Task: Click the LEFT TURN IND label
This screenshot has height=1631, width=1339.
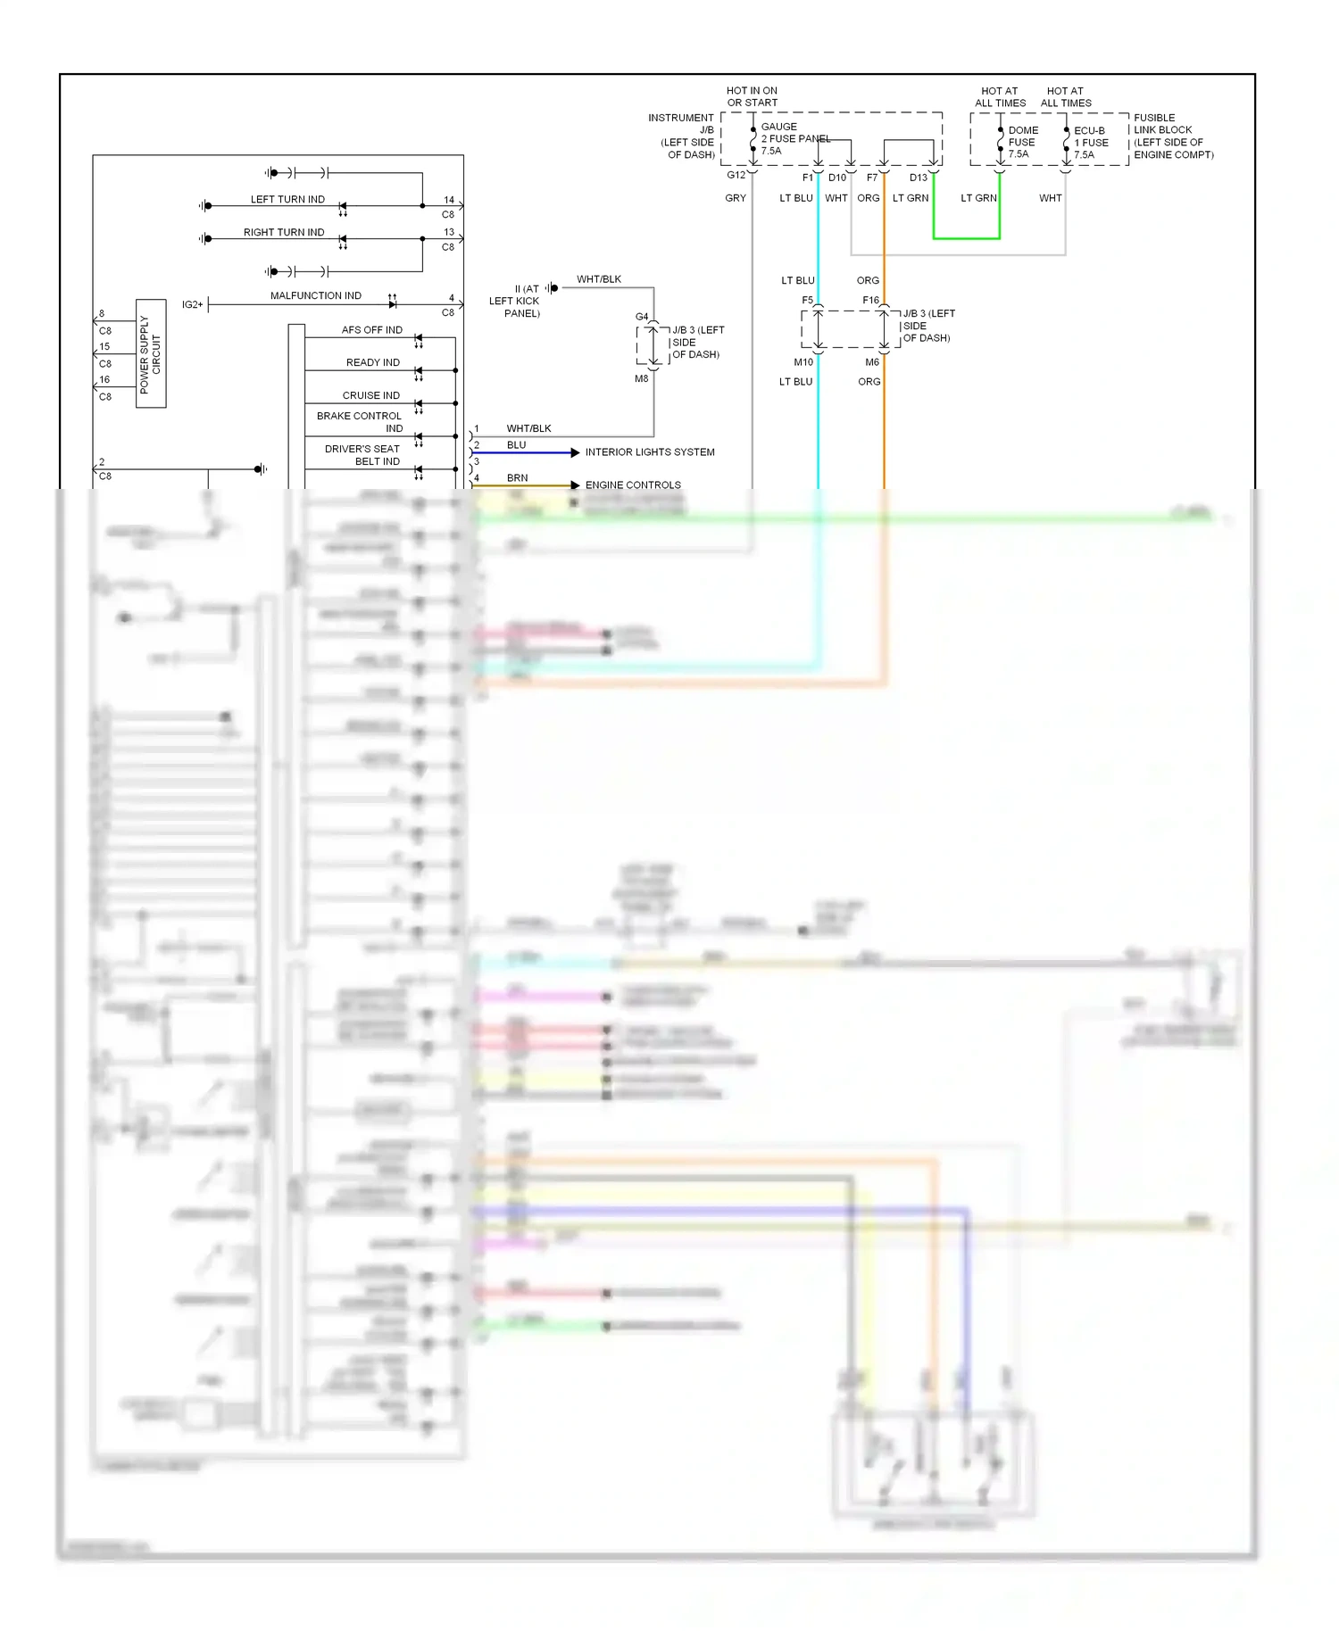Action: click(x=287, y=199)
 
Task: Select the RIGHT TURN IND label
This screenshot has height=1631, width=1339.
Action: click(x=284, y=232)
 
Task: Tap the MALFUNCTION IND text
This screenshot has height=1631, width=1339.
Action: click(x=315, y=295)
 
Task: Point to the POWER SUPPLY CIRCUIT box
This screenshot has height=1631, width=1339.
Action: click(x=151, y=353)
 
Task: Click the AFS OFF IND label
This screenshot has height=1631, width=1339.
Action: click(x=371, y=329)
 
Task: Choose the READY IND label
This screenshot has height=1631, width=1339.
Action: click(x=372, y=362)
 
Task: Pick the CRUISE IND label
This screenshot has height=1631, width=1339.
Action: click(x=370, y=395)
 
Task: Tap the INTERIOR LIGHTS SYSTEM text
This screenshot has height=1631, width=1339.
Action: click(x=650, y=452)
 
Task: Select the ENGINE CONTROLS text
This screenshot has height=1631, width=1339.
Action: click(x=633, y=485)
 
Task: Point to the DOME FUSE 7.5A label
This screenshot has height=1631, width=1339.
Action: click(x=1022, y=142)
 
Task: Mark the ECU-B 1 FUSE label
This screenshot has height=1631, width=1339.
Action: click(x=1091, y=142)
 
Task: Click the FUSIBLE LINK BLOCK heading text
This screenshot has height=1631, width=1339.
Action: click(x=1162, y=123)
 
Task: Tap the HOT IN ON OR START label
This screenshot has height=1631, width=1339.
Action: click(x=752, y=96)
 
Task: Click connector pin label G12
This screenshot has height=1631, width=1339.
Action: click(x=736, y=175)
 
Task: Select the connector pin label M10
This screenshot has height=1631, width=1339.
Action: click(x=803, y=362)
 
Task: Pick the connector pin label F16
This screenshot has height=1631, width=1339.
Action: click(x=870, y=300)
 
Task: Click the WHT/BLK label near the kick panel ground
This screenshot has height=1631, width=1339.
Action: click(x=599, y=279)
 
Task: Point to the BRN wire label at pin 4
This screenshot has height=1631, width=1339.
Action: click(x=517, y=477)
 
